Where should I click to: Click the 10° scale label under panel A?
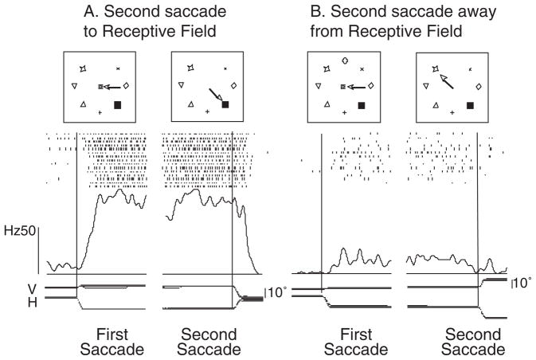(x=276, y=292)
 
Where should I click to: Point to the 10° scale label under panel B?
(x=522, y=283)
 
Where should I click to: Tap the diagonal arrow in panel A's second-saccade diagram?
(x=213, y=94)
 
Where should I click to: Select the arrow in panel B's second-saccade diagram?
(x=444, y=79)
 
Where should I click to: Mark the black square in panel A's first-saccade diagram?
(x=119, y=104)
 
